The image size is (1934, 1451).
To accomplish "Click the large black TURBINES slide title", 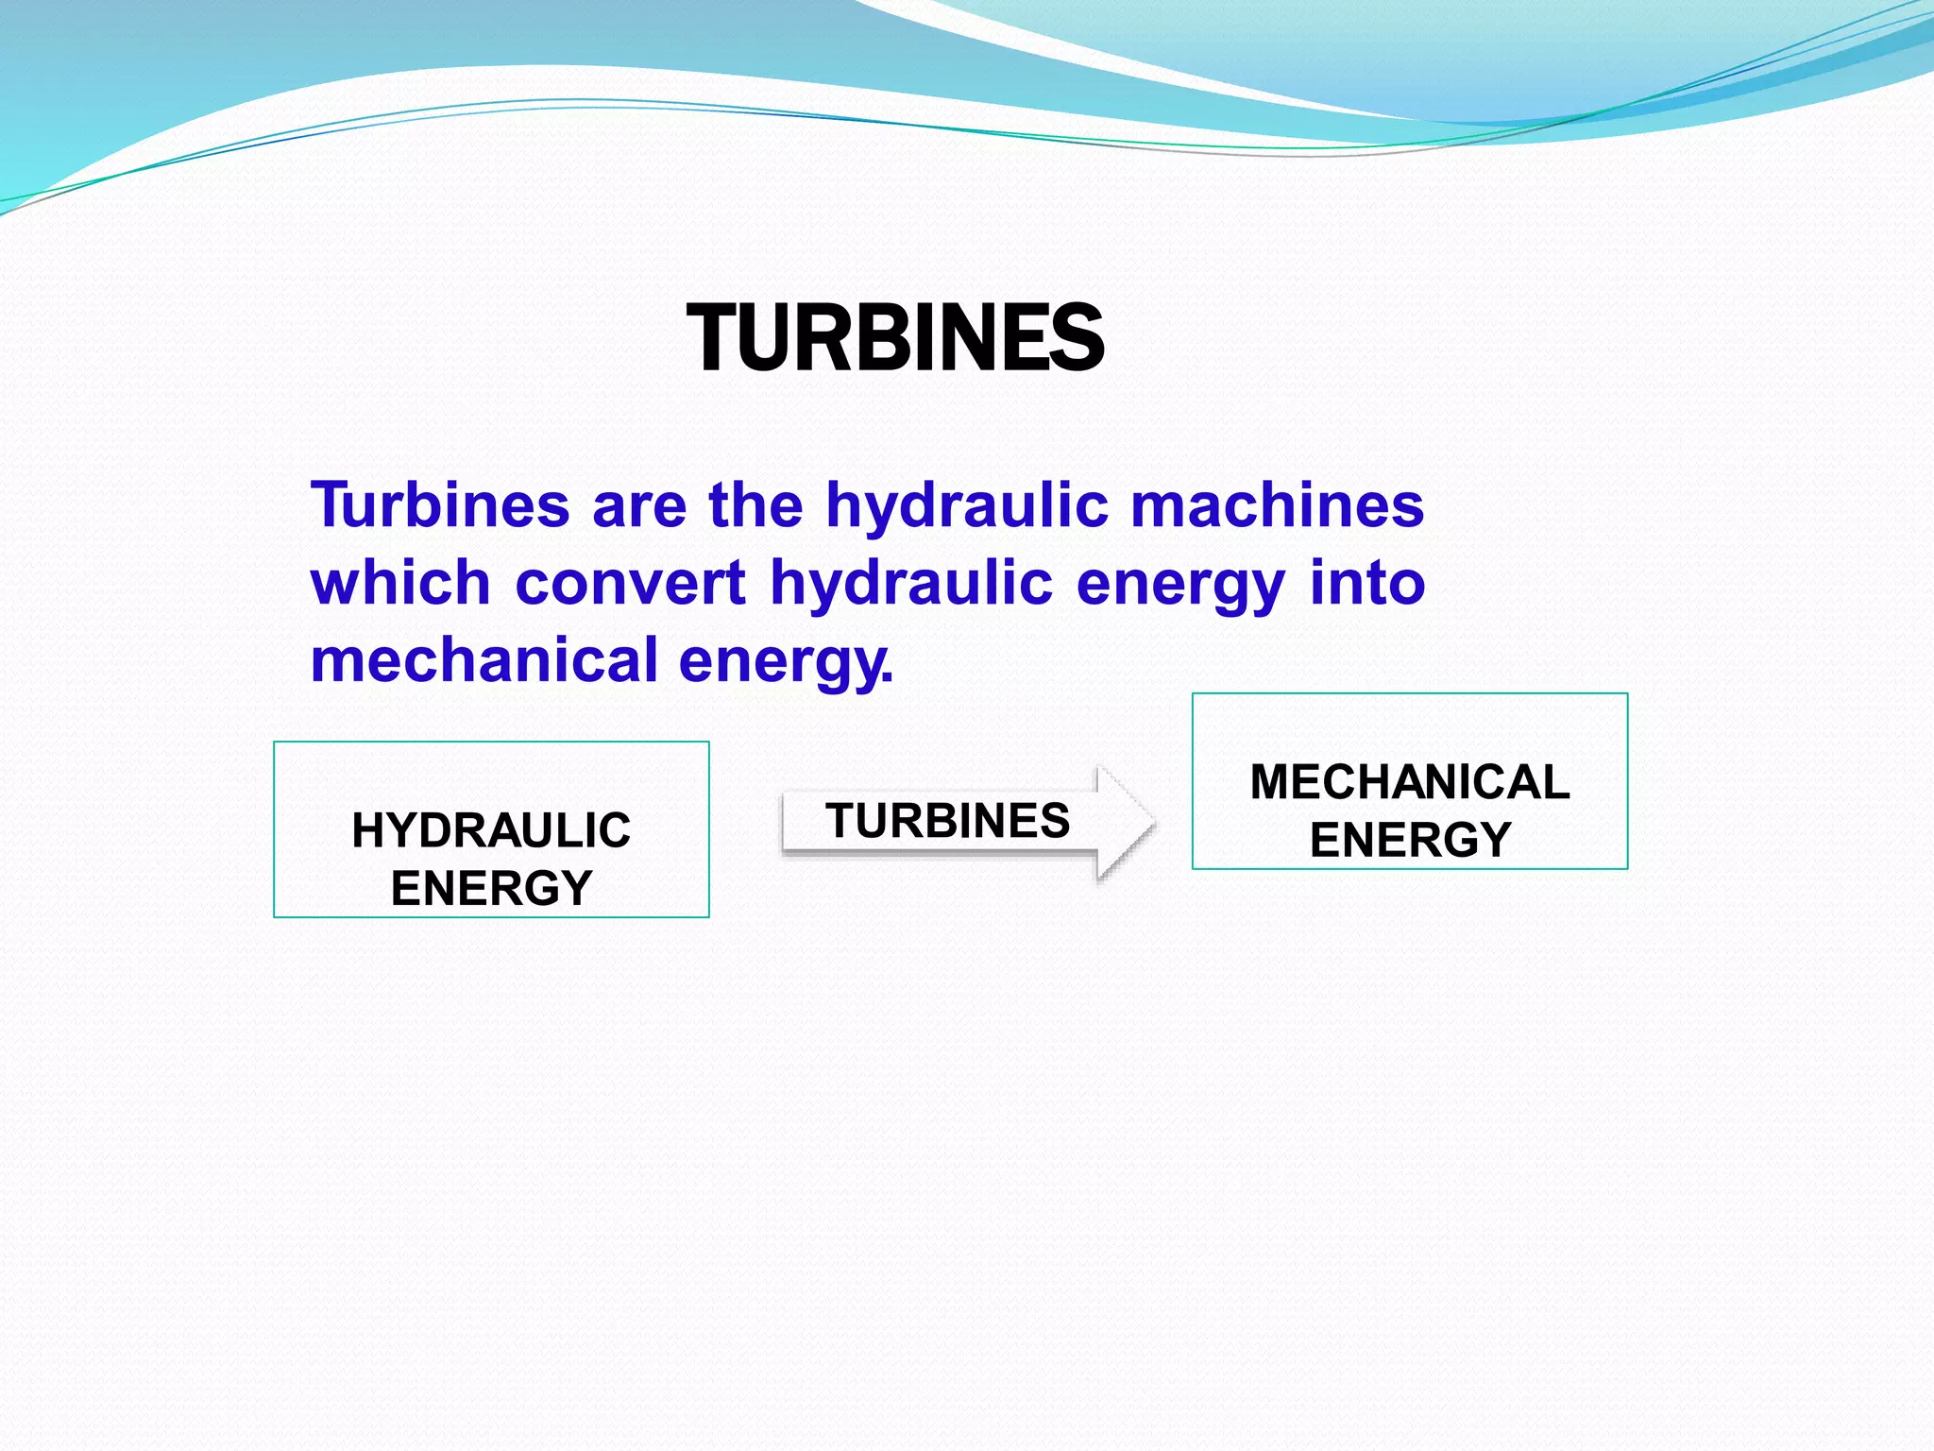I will [895, 338].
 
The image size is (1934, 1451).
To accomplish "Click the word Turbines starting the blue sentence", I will [440, 504].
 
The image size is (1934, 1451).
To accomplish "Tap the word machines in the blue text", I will [1277, 504].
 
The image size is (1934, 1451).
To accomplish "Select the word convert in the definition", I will [631, 582].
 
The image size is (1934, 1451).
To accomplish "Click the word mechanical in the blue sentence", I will [483, 659].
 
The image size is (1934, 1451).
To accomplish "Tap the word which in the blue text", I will [400, 582].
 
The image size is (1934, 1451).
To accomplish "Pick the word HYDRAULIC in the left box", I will [491, 831].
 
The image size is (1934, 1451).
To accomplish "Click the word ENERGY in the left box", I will [491, 889].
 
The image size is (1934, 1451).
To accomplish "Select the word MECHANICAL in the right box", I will [1410, 782].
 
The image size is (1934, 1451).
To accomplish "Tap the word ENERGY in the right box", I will [1410, 840].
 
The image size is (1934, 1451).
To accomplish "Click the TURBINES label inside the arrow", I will [947, 820].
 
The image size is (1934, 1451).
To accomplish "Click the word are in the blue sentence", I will [639, 504].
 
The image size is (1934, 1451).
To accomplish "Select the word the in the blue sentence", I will [755, 504].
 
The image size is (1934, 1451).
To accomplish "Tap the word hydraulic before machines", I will [967, 504].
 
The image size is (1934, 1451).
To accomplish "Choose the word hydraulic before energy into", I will [911, 582].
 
